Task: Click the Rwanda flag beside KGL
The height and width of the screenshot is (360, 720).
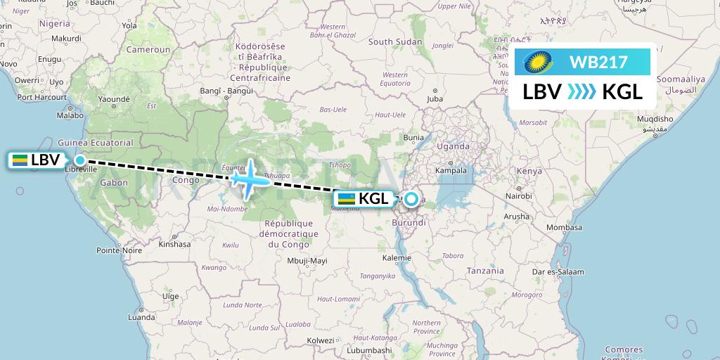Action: (346, 199)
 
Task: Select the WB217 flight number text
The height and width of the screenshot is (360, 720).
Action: (598, 62)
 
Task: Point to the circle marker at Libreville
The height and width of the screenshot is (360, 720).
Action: (80, 160)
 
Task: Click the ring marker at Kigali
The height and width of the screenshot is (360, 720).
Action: (410, 199)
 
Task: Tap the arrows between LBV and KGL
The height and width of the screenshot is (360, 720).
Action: (581, 91)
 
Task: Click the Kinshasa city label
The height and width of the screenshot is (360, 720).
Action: (174, 245)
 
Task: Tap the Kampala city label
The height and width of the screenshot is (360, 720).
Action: (451, 170)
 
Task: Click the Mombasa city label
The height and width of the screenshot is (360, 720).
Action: (564, 227)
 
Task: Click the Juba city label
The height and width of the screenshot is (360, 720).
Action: (435, 99)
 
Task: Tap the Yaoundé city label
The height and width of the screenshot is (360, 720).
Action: (114, 99)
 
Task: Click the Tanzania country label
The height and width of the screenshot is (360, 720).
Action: (485, 271)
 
